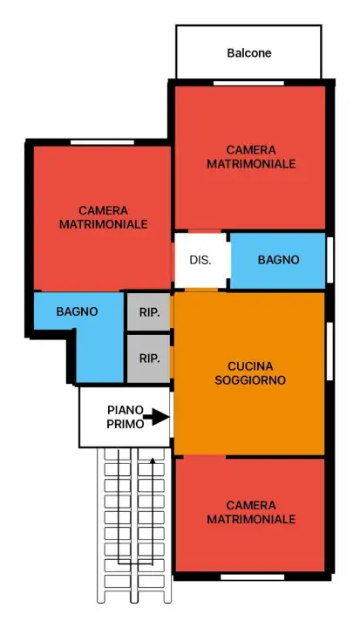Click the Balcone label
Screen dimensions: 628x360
click(249, 52)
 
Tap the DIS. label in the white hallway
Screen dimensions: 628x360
click(200, 260)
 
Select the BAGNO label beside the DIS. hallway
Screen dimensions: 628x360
click(278, 260)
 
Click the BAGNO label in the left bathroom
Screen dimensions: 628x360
click(77, 311)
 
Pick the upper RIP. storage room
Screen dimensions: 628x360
click(149, 311)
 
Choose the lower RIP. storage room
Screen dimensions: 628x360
click(149, 358)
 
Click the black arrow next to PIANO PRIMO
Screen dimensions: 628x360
click(156, 418)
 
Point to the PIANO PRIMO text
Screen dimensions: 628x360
click(124, 416)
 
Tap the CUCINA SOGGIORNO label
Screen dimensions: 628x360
click(251, 372)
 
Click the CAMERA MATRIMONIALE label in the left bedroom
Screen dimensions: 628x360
click(103, 217)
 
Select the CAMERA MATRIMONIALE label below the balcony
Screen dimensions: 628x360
click(251, 157)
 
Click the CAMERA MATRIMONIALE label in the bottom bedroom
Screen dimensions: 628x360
click(251, 512)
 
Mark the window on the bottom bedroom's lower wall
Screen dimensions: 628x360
click(253, 577)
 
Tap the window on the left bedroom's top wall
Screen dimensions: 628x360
click(96, 142)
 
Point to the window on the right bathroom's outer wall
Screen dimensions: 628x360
click(329, 260)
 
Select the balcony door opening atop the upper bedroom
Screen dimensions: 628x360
click(249, 83)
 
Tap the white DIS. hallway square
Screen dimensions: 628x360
click(200, 260)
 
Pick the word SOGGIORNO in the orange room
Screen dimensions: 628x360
click(251, 380)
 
